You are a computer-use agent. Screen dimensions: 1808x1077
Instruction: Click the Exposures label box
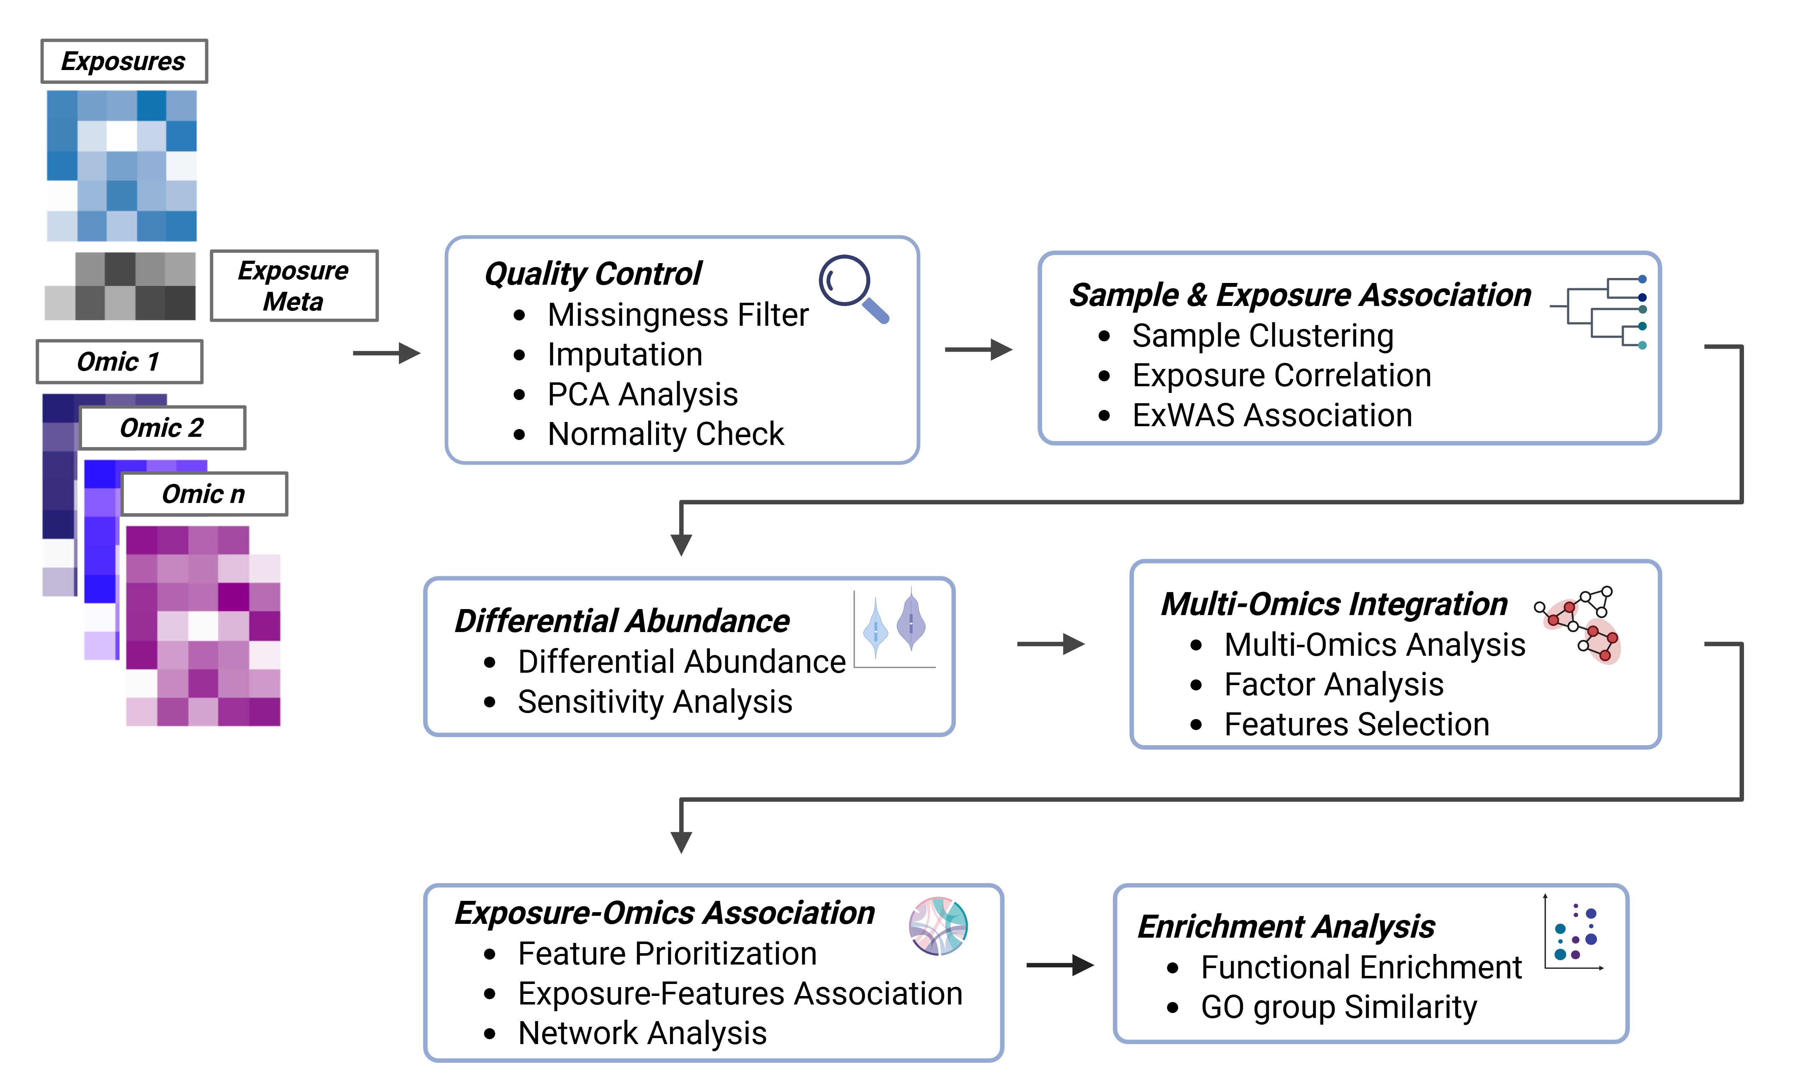tap(124, 61)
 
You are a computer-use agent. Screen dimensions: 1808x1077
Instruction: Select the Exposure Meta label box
tap(294, 285)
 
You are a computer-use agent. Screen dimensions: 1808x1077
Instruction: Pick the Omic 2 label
tap(163, 428)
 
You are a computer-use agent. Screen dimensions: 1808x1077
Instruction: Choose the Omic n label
tap(204, 494)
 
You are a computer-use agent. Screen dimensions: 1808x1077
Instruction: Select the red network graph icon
tap(1577, 624)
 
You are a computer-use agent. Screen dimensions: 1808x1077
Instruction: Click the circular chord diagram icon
tap(938, 926)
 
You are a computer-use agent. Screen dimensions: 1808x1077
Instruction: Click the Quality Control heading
tap(593, 274)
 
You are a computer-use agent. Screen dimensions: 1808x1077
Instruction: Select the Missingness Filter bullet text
tap(678, 315)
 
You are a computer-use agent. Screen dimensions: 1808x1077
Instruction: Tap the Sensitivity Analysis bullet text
tap(655, 702)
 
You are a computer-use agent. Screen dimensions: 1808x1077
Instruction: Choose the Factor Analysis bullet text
tap(1333, 684)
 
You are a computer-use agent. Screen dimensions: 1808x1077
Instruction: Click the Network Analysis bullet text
tap(642, 1033)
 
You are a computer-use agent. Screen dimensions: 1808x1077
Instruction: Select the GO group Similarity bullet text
tap(1339, 1007)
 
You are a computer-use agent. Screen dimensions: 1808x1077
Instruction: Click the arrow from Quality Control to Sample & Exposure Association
tap(978, 350)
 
